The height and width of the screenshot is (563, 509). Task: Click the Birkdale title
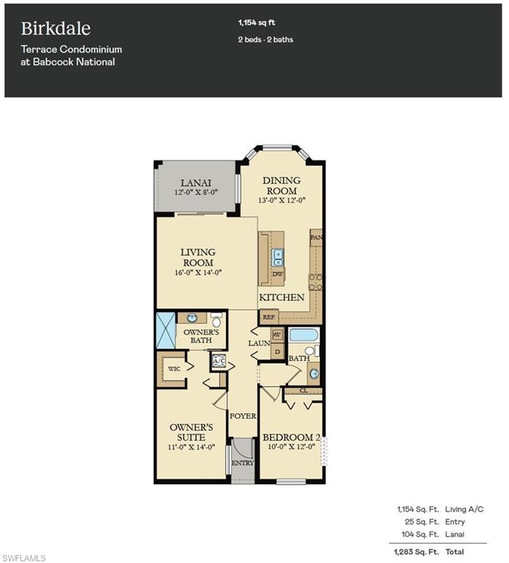[x=56, y=29]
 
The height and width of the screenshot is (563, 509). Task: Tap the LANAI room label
[x=197, y=183]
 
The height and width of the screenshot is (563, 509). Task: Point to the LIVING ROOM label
[x=197, y=257]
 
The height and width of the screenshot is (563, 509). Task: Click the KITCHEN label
[x=282, y=298]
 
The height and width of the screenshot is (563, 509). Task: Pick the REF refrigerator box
[x=268, y=317]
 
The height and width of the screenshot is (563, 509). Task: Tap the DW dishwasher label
[x=277, y=273]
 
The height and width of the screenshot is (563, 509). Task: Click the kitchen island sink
[x=278, y=257]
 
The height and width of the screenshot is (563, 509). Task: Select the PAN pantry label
[x=317, y=238]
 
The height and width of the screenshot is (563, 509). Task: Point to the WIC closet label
[x=174, y=368]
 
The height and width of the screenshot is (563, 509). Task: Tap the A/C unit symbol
[x=219, y=361]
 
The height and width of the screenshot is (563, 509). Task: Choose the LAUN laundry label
[x=257, y=342]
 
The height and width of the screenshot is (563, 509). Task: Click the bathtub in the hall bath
[x=302, y=338]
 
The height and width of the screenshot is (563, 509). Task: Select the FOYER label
[x=243, y=416]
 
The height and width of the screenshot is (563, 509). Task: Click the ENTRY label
[x=242, y=463]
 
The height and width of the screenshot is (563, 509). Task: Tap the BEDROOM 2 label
[x=292, y=438]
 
